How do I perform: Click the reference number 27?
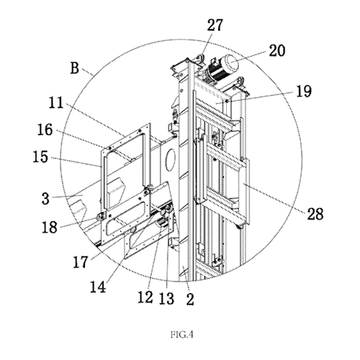pos(215,25)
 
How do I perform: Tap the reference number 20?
pos(277,50)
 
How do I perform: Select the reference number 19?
pos(304,91)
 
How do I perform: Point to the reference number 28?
pos(315,214)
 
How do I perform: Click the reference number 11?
pos(56,102)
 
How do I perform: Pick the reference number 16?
pos(45,130)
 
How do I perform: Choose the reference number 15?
pos(40,157)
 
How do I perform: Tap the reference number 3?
pos(45,199)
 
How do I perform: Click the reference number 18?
pos(50,228)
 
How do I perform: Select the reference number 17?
pos(81,262)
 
